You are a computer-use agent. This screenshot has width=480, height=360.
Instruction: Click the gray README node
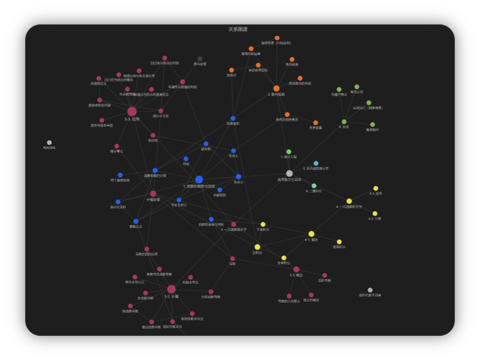point(49,142)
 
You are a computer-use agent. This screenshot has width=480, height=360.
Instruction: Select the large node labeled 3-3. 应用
point(132,112)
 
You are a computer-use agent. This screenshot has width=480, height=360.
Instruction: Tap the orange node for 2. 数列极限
point(277,89)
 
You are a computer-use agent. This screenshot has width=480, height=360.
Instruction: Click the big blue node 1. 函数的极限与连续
point(199,180)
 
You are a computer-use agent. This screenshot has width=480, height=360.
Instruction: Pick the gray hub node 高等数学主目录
point(289,173)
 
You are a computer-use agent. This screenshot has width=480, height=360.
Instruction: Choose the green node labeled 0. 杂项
point(344,122)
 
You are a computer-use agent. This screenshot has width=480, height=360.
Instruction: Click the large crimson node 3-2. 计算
point(171,289)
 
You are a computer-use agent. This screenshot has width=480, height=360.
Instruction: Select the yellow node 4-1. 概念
point(312,234)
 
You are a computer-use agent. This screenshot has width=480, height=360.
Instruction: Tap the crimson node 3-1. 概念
point(296,270)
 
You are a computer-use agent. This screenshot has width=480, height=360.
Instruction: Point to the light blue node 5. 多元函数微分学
point(316,163)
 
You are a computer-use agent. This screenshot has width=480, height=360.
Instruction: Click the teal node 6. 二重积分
point(314,186)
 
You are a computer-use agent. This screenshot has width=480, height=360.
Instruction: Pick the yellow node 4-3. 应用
point(376,188)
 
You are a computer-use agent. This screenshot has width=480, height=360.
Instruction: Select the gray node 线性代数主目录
point(370,290)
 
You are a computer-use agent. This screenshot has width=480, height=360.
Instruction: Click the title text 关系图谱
point(238,29)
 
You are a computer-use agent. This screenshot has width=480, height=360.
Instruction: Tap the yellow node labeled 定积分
point(257,247)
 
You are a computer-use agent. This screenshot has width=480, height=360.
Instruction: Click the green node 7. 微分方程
point(289,152)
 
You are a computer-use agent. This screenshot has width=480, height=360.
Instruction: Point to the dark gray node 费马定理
point(200,59)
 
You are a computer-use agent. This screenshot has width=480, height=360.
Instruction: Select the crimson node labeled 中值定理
point(153,193)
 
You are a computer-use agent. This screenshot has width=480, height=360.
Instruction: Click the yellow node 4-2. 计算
point(375,214)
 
